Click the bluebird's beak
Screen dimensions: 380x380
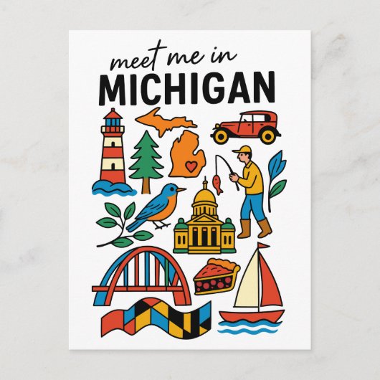click(x=183, y=190)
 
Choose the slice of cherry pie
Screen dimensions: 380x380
click(x=215, y=277)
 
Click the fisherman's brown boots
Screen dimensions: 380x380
click(x=255, y=229)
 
